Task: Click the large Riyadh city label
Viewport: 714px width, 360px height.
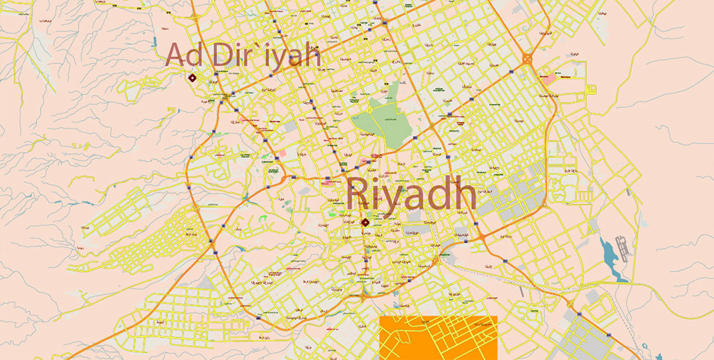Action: [x=411, y=194]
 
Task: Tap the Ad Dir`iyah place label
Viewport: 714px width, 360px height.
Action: [x=243, y=56]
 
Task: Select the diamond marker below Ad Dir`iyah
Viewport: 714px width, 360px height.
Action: [x=191, y=78]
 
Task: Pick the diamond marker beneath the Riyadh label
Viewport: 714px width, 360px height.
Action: [x=366, y=222]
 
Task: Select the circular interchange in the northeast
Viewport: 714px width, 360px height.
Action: [x=530, y=60]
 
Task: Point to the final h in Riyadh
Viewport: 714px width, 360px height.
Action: [x=465, y=194]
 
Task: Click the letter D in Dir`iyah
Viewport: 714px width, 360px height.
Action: [x=221, y=56]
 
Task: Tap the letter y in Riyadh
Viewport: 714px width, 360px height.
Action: [x=397, y=199]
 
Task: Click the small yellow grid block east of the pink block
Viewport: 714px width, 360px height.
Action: [x=590, y=89]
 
